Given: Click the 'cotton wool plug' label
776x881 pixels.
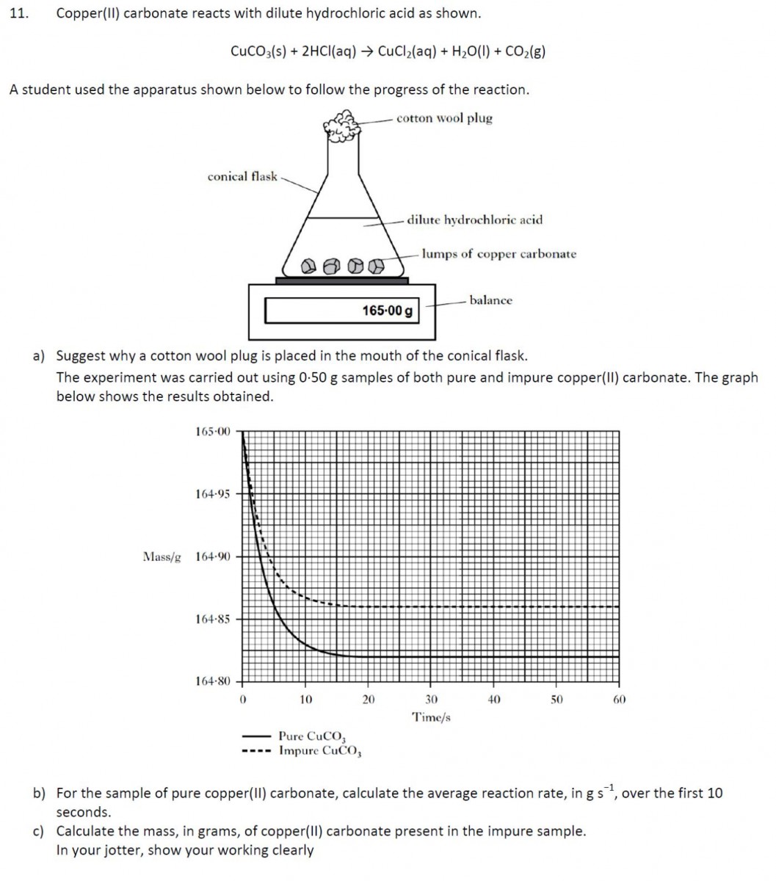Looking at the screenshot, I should click(444, 118).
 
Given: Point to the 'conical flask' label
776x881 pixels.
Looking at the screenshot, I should click(242, 176).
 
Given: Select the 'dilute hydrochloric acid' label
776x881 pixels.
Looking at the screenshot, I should click(475, 220).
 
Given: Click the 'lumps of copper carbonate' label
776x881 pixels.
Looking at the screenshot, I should click(498, 254).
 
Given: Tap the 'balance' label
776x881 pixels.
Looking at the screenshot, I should click(490, 300).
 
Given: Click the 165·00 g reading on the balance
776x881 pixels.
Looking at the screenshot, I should click(387, 311).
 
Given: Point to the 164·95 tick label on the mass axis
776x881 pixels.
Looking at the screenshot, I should click(213, 494).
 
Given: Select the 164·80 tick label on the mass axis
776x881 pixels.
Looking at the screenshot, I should click(213, 681).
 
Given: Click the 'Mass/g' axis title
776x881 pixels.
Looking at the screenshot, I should click(162, 556).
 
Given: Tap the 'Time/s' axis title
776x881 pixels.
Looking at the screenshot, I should click(432, 717).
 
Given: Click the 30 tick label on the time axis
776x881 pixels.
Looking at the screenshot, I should click(432, 700).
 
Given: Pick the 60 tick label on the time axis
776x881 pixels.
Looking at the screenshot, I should click(619, 700).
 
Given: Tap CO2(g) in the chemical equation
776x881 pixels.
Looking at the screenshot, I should click(523, 51).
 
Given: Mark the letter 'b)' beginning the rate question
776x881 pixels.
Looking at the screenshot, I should click(39, 794).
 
